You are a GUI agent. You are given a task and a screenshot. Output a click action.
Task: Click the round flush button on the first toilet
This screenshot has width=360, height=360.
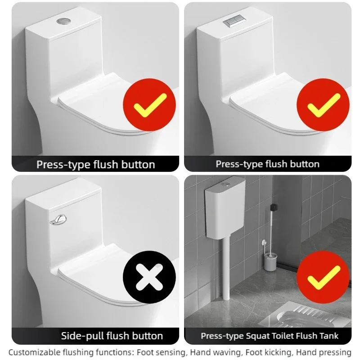(63, 21)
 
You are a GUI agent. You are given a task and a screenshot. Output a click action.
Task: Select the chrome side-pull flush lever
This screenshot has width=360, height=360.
(58, 220)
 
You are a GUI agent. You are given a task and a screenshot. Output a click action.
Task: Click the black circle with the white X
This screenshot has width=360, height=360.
(149, 277)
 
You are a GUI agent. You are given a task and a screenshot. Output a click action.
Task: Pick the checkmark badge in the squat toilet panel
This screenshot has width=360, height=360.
(323, 277)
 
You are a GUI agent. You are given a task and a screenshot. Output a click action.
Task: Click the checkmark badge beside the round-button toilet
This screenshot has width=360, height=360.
(149, 105)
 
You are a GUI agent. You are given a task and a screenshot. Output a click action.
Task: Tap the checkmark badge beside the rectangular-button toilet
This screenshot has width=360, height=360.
(323, 105)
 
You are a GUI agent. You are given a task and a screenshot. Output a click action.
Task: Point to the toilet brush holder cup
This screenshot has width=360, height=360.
(270, 262)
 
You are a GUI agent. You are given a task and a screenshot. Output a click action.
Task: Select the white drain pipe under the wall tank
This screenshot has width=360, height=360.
(226, 269)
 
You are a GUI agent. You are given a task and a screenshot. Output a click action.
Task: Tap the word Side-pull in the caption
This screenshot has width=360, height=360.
(82, 336)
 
